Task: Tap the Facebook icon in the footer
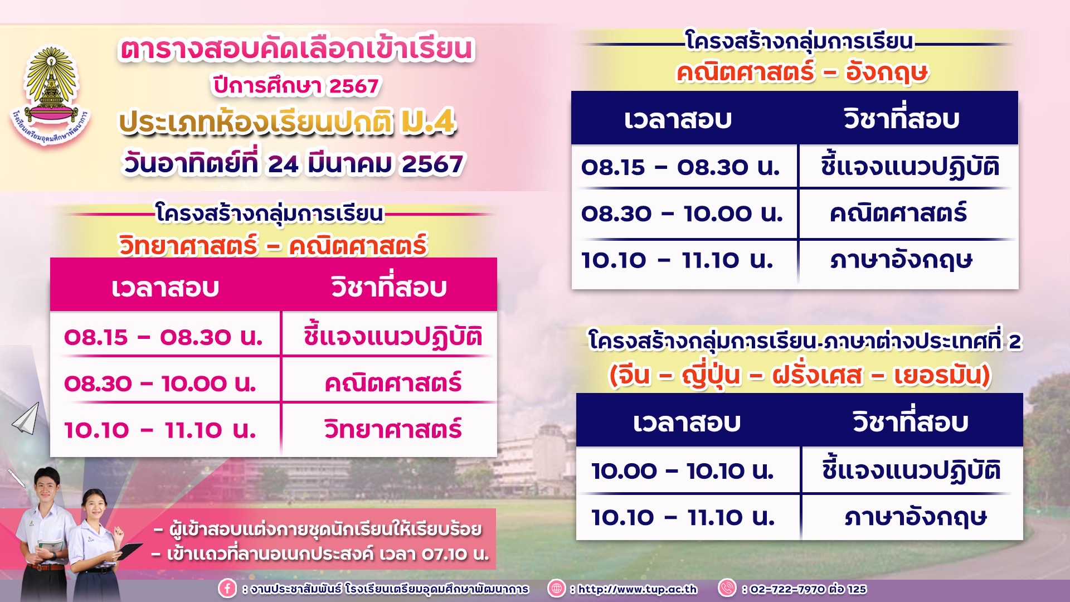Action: pyautogui.click(x=227, y=589)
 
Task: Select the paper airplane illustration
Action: pyautogui.click(x=26, y=419)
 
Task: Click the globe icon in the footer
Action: pyautogui.click(x=556, y=589)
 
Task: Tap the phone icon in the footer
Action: pyautogui.click(x=727, y=588)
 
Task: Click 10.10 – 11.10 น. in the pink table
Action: pyautogui.click(x=160, y=430)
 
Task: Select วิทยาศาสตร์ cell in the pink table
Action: pyautogui.click(x=393, y=429)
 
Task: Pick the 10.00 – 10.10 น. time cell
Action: pyautogui.click(x=683, y=471)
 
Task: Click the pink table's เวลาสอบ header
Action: pyautogui.click(x=165, y=288)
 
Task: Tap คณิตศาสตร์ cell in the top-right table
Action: pyautogui.click(x=898, y=213)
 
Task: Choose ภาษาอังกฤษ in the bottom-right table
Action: pyautogui.click(x=916, y=517)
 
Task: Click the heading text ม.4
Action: pyautogui.click(x=429, y=122)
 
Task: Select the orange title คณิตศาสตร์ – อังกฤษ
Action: pyautogui.click(x=802, y=72)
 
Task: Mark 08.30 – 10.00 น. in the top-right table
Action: pyautogui.click(x=682, y=213)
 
